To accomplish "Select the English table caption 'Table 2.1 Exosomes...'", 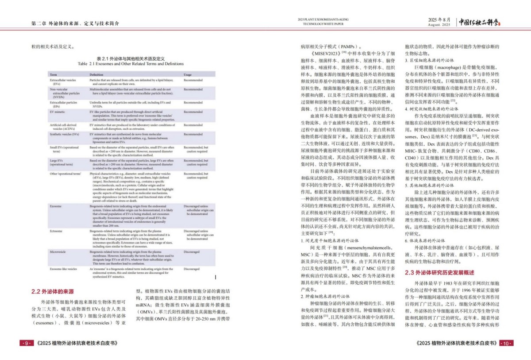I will (131, 64).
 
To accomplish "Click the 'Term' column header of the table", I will (54, 74).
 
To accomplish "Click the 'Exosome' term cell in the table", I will (56, 206).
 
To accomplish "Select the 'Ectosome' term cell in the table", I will (57, 231).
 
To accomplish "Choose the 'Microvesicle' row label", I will (59, 252).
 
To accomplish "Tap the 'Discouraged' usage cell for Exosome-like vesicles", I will (192, 269).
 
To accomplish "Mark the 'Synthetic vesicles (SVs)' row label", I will (65, 134).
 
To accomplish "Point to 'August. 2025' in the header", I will (439, 25).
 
